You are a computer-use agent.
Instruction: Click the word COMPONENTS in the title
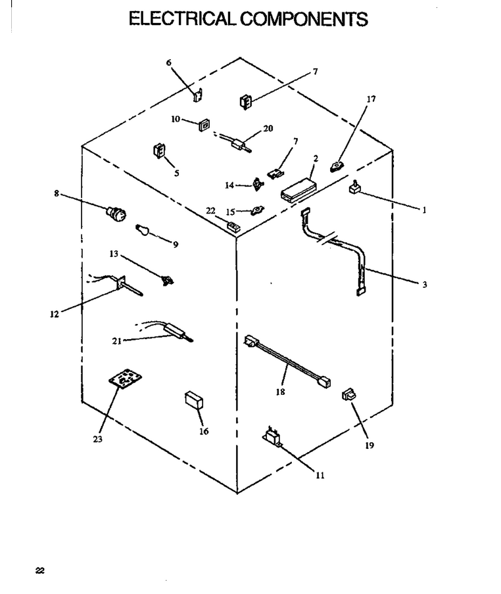pos(304,19)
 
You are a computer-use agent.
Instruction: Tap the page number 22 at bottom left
pos(40,570)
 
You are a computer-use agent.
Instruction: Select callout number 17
pos(371,99)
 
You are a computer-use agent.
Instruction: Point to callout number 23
pos(97,439)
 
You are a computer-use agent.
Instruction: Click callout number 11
pos(320,476)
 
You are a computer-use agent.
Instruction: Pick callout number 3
pos(425,284)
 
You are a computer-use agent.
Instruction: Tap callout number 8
pos(57,194)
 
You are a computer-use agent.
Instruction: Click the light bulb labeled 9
pos(142,230)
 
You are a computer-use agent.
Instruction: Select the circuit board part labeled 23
pos(126,380)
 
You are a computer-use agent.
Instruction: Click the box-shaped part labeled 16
pos(194,400)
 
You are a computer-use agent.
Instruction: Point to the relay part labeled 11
pos(273,436)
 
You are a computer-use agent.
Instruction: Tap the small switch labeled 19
pos(348,394)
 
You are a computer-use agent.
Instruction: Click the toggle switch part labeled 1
pos(354,187)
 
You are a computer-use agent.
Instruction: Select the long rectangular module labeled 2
pos(298,189)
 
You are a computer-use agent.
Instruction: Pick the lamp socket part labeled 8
pos(116,214)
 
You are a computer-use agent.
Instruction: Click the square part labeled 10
pos(204,125)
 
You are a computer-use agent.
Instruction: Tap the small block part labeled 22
pos(233,226)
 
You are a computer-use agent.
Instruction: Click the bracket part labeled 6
pos(198,95)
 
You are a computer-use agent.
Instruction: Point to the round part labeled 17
pos(337,166)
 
